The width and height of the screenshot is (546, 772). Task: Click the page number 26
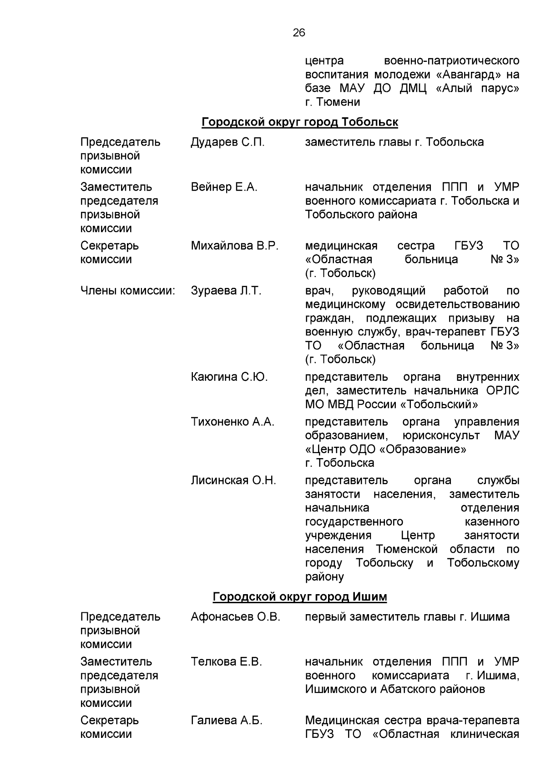point(299,32)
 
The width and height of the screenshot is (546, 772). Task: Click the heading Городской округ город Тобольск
point(299,122)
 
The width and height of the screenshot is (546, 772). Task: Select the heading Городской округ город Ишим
point(299,596)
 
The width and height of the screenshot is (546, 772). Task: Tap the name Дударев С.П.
point(227,142)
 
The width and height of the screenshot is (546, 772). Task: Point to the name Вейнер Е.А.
point(224,187)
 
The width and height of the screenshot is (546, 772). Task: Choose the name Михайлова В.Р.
point(234,246)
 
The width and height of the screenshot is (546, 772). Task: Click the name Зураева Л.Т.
point(226,291)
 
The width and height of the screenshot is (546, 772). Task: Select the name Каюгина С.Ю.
point(229,377)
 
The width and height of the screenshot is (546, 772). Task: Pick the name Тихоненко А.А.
point(233,422)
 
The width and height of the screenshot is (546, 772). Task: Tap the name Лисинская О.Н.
point(233,480)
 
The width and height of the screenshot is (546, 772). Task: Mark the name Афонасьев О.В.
point(235,617)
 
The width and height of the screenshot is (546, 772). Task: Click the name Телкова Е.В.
point(226,661)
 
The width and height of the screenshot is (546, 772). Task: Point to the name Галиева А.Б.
point(226,720)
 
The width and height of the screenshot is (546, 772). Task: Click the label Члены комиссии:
point(128,291)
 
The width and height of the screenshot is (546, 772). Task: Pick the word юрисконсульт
point(441,435)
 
